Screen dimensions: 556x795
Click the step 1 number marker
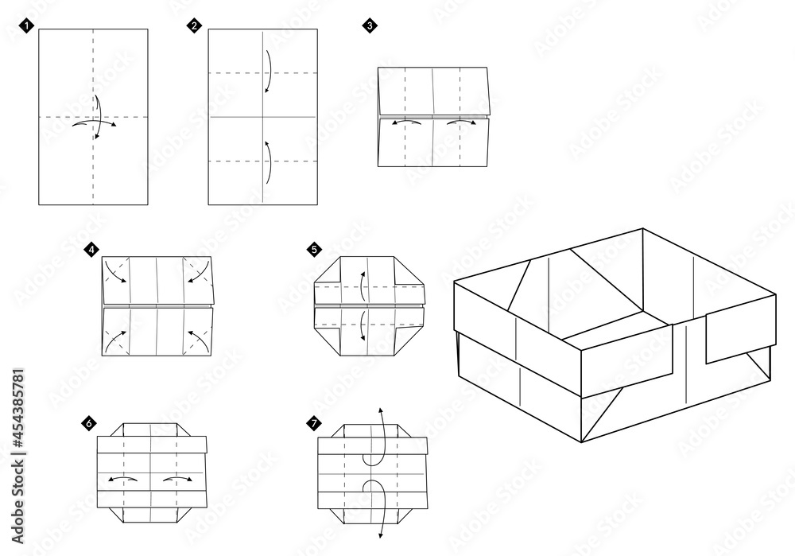[29, 26]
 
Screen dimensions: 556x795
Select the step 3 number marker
[370, 26]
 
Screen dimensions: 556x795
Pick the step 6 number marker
[90, 422]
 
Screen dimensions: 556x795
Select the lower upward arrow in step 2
[268, 162]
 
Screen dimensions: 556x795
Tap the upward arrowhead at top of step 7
[380, 410]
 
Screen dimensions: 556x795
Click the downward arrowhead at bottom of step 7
[380, 537]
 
